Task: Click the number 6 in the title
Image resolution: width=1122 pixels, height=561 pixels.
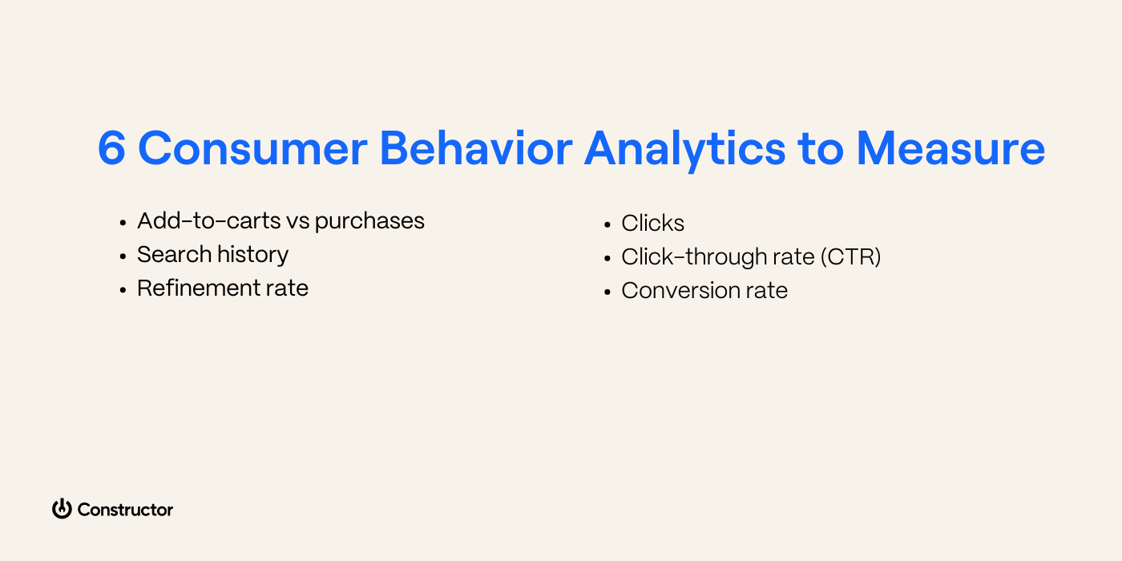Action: (x=112, y=149)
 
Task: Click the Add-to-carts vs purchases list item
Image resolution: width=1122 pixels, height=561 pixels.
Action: (x=280, y=220)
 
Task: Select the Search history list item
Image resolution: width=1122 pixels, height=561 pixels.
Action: (x=212, y=254)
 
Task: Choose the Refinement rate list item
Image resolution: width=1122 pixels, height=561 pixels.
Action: (x=223, y=288)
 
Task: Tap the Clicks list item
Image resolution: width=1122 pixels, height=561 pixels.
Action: (x=652, y=223)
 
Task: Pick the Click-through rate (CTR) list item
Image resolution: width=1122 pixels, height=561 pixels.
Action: (x=751, y=256)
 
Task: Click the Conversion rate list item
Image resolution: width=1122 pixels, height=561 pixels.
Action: (x=704, y=290)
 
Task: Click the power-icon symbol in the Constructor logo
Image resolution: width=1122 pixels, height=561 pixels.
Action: (x=62, y=509)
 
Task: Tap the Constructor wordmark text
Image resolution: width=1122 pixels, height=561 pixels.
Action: (x=125, y=510)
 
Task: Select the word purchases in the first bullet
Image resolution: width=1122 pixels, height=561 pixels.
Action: (x=369, y=221)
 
